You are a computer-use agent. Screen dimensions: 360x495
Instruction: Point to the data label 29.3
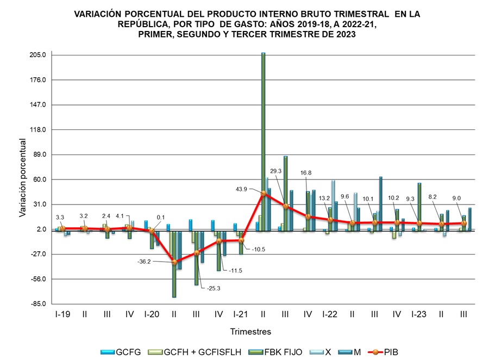pos(276,171)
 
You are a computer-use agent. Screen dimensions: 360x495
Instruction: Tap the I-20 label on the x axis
pos(152,314)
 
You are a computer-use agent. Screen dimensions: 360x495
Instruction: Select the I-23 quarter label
pos(419,314)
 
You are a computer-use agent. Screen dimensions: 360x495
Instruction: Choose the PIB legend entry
pos(396,352)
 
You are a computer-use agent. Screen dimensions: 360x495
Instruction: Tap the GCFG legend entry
pos(128,352)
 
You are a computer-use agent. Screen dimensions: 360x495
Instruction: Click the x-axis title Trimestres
pos(250,331)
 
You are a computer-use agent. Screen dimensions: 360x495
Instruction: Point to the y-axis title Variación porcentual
pos(22,178)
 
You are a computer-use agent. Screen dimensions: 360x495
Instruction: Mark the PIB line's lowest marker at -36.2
pos(174,262)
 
